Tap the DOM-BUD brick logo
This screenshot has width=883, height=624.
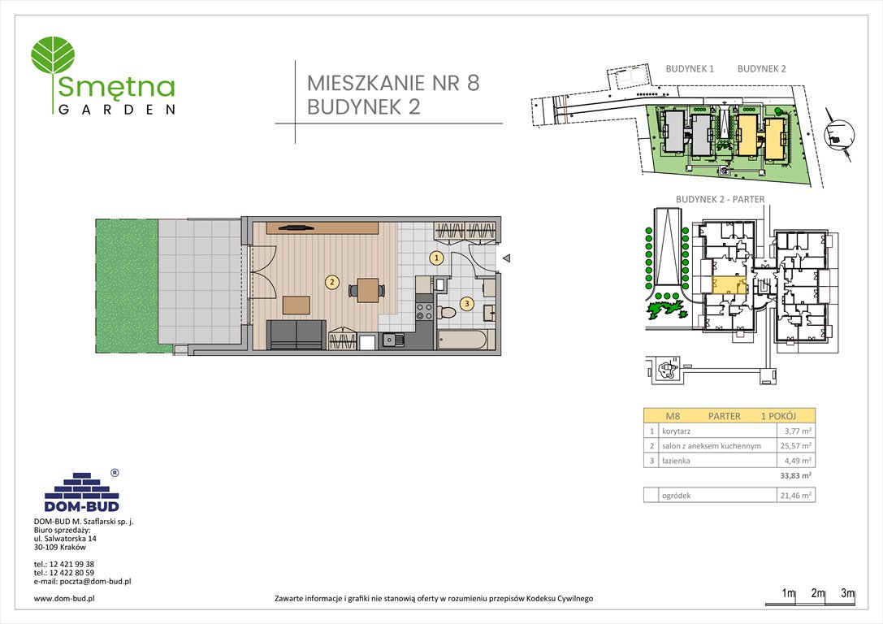point(81,490)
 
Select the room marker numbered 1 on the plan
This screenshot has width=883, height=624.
point(436,258)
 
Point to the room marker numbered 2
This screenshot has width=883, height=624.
point(331,283)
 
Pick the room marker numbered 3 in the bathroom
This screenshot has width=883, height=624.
point(466,304)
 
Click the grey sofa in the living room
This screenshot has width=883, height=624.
point(296,335)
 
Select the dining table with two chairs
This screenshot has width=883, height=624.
point(368,290)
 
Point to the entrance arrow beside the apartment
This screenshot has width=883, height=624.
point(505,259)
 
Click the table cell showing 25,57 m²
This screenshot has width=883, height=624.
point(795,446)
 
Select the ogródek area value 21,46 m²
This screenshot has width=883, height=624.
point(795,495)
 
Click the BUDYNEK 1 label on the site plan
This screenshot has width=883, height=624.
point(689,69)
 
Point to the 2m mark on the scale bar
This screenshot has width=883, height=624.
point(818,594)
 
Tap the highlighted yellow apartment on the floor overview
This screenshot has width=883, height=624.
point(728,285)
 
